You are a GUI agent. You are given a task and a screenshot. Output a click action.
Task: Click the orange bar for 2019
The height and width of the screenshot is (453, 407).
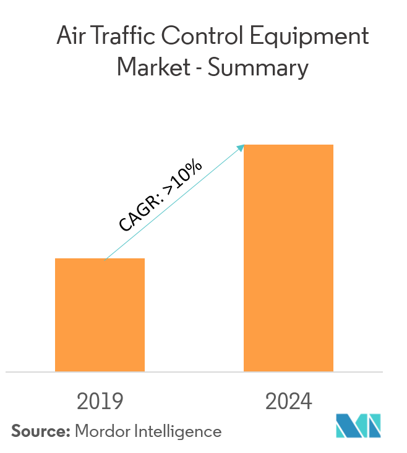point(100,315)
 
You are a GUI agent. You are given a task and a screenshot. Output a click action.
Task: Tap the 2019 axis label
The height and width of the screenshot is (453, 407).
point(100,402)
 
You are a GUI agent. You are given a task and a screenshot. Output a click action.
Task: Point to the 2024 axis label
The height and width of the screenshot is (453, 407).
point(289,402)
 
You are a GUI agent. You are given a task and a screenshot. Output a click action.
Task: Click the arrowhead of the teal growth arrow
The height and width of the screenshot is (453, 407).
point(242,147)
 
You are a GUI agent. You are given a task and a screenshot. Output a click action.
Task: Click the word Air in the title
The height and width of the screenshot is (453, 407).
point(70,36)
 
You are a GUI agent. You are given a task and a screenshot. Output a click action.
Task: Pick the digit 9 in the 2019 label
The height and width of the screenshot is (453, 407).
point(118,402)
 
